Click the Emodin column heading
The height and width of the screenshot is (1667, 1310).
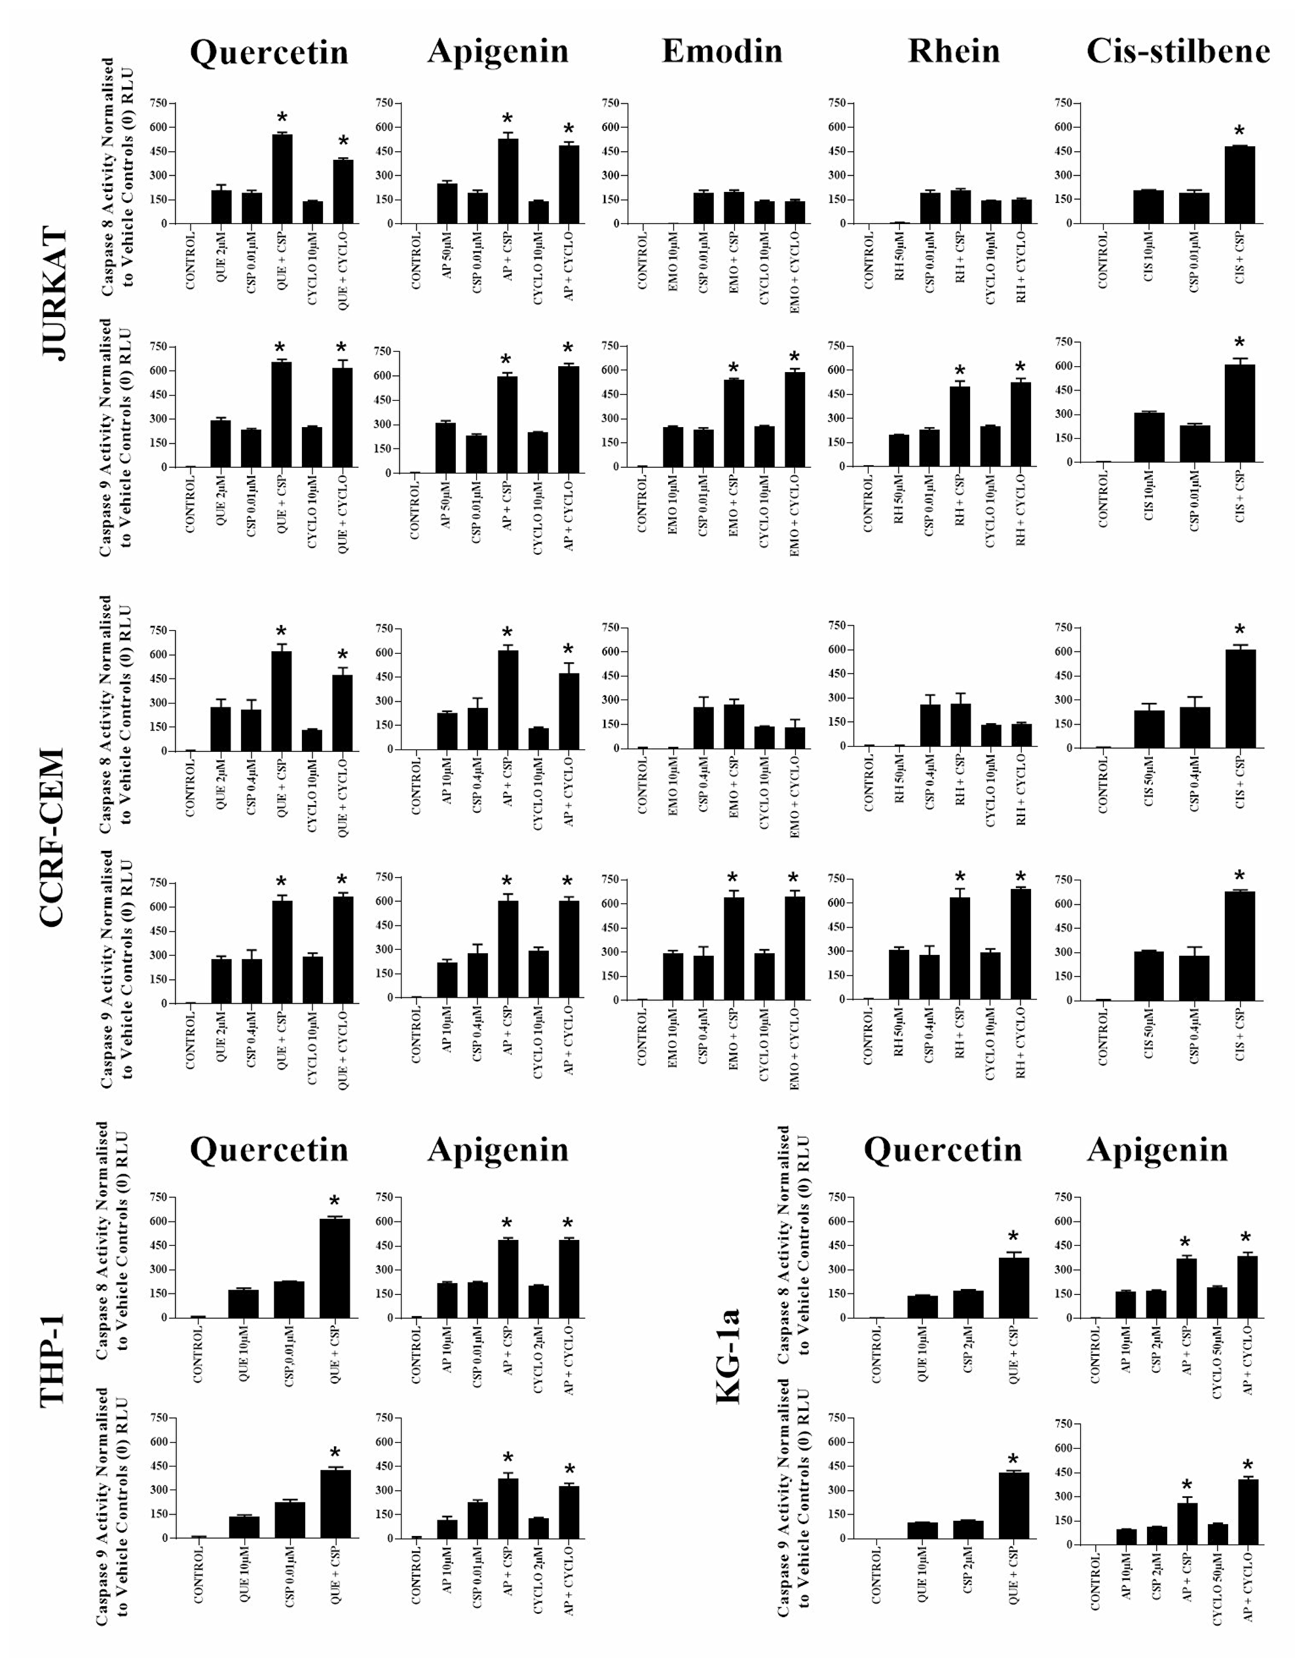[x=722, y=51]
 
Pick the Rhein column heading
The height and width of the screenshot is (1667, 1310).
[x=954, y=51]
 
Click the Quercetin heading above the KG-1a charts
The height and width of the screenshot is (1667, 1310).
[x=942, y=1150]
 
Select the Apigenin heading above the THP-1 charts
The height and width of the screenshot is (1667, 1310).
[x=498, y=1150]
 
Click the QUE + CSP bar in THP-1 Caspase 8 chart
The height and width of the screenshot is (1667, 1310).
[x=335, y=1268]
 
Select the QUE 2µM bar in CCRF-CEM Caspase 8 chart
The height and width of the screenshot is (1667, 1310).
[x=221, y=728]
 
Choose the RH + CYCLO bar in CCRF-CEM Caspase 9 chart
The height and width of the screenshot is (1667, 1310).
[x=1020, y=944]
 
